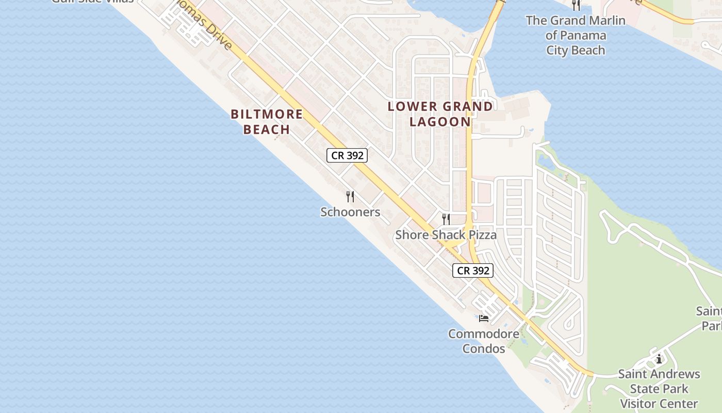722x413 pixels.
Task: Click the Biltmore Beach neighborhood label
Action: point(267,122)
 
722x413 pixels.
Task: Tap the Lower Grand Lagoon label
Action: point(440,114)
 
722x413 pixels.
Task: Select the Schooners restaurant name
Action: point(350,212)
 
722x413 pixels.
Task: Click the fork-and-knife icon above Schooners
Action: point(350,196)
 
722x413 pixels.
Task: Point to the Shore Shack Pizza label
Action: point(446,235)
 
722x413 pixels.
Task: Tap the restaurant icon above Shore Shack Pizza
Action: point(446,219)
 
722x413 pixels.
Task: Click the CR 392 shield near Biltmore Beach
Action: point(347,155)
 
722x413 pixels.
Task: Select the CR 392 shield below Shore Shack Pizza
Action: point(473,271)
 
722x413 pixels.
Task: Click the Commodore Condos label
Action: point(484,341)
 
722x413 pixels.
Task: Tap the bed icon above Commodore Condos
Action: point(484,318)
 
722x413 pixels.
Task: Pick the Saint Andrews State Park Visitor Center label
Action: point(659,388)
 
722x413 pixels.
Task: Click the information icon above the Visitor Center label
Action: point(659,359)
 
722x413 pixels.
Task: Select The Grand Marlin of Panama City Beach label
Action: point(576,35)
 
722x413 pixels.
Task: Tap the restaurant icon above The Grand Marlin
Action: point(576,5)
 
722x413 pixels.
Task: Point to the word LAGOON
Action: point(440,122)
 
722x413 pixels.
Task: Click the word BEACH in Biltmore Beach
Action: point(267,130)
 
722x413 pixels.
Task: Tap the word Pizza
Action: point(480,235)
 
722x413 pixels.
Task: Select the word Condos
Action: point(484,348)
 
